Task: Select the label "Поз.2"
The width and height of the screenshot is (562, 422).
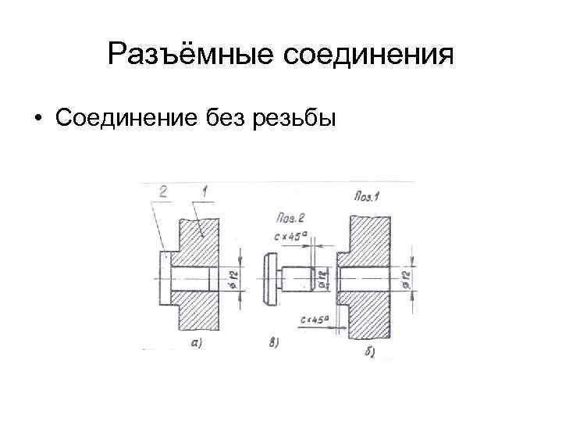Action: [x=290, y=216]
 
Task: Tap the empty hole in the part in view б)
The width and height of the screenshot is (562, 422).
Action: [x=363, y=279]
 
